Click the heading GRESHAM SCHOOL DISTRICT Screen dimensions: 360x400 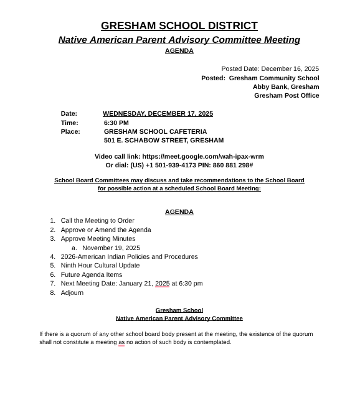179,26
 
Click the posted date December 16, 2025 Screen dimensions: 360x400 290,69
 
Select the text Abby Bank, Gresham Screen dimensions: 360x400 286,87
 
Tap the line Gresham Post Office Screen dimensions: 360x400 287,96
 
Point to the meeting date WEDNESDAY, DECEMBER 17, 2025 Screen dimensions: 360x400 158,114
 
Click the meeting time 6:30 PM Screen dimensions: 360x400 116,123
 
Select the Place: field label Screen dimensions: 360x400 70,132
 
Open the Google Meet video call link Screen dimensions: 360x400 203,157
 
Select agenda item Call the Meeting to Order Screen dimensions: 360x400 97,221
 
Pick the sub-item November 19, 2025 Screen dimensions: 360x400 111,248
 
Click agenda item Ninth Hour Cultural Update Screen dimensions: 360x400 100,266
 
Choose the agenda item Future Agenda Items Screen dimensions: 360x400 91,275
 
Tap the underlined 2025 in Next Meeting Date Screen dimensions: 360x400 162,284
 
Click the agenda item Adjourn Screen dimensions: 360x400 72,293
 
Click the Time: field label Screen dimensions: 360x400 69,123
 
